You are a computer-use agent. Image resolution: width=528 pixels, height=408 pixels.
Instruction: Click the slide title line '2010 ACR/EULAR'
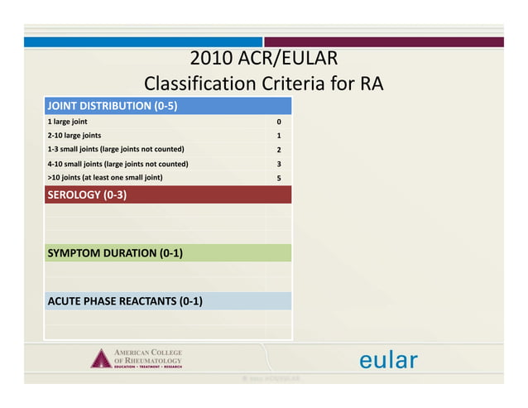pos(263,60)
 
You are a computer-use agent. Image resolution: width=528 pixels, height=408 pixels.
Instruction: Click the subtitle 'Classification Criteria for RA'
pos(263,84)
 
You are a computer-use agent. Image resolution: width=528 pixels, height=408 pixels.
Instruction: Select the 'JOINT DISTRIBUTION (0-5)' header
pos(113,106)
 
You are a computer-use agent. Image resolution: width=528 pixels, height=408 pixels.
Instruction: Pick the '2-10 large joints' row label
pos(74,135)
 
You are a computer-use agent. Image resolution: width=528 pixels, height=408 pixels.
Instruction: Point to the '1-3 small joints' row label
pos(115,149)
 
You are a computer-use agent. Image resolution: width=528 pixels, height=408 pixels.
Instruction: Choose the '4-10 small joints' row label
pos(118,164)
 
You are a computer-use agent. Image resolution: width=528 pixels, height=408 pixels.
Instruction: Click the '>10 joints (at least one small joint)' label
pos(104,178)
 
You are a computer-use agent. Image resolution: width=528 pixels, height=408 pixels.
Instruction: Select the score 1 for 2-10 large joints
pos(279,136)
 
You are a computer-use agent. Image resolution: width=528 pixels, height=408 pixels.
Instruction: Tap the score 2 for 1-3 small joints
pos(279,150)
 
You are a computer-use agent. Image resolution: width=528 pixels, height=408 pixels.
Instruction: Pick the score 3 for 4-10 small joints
pos(279,164)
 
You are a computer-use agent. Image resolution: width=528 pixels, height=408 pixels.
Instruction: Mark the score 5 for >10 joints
pos(279,178)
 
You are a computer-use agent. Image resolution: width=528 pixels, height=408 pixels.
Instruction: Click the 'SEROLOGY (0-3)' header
pos(87,195)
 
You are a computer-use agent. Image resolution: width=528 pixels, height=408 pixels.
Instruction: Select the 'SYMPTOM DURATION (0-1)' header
pos(114,252)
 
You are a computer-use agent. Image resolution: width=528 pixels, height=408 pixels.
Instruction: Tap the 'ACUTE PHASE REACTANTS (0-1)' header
pos(125,300)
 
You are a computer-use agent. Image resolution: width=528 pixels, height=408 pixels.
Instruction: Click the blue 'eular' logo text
pos(388,361)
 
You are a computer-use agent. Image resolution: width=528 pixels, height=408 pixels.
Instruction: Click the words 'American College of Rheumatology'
pos(147,357)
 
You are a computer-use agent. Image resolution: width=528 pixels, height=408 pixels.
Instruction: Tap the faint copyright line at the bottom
pos(265,378)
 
